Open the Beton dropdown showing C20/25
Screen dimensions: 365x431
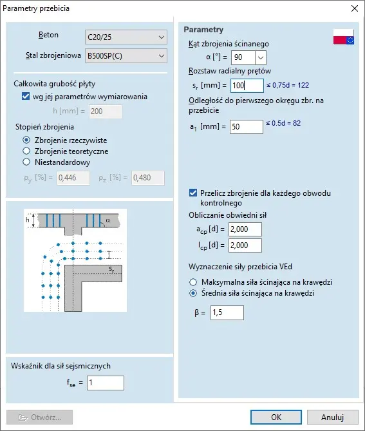(126, 37)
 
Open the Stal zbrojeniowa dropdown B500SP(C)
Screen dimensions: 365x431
(126, 56)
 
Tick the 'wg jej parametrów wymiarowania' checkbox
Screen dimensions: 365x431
(26, 97)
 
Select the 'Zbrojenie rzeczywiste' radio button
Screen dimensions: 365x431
(26, 140)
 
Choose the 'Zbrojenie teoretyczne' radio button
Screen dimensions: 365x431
(26, 151)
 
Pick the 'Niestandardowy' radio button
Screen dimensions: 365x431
(26, 162)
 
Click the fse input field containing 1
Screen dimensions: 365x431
(106, 383)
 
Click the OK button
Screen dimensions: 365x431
(276, 417)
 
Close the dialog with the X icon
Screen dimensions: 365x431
(355, 8)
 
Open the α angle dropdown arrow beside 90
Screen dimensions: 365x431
(261, 58)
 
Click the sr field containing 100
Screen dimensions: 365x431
(247, 86)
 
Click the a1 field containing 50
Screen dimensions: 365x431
(247, 127)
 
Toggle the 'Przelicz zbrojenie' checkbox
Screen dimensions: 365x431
(193, 193)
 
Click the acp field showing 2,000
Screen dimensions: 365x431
(245, 229)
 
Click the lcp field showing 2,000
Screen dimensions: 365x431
(245, 245)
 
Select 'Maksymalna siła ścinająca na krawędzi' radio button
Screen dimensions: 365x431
(193, 282)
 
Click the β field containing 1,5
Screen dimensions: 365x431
(227, 312)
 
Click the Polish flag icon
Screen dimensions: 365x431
(344, 37)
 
